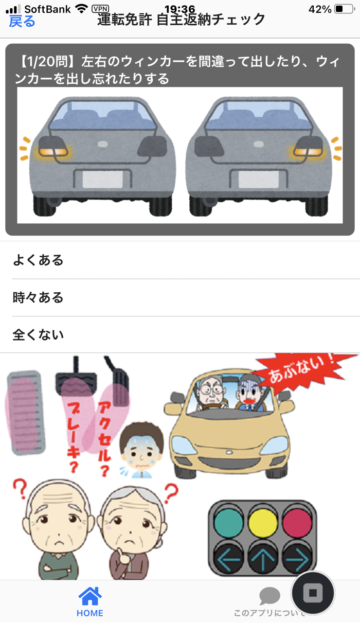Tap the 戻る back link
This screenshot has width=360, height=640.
[x=22, y=21]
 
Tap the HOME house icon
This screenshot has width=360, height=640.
[x=90, y=596]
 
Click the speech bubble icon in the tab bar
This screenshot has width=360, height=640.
[x=269, y=596]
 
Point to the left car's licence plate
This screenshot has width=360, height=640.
[x=103, y=180]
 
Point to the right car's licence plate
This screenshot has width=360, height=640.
[x=258, y=180]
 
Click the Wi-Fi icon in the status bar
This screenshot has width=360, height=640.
[x=81, y=9]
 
